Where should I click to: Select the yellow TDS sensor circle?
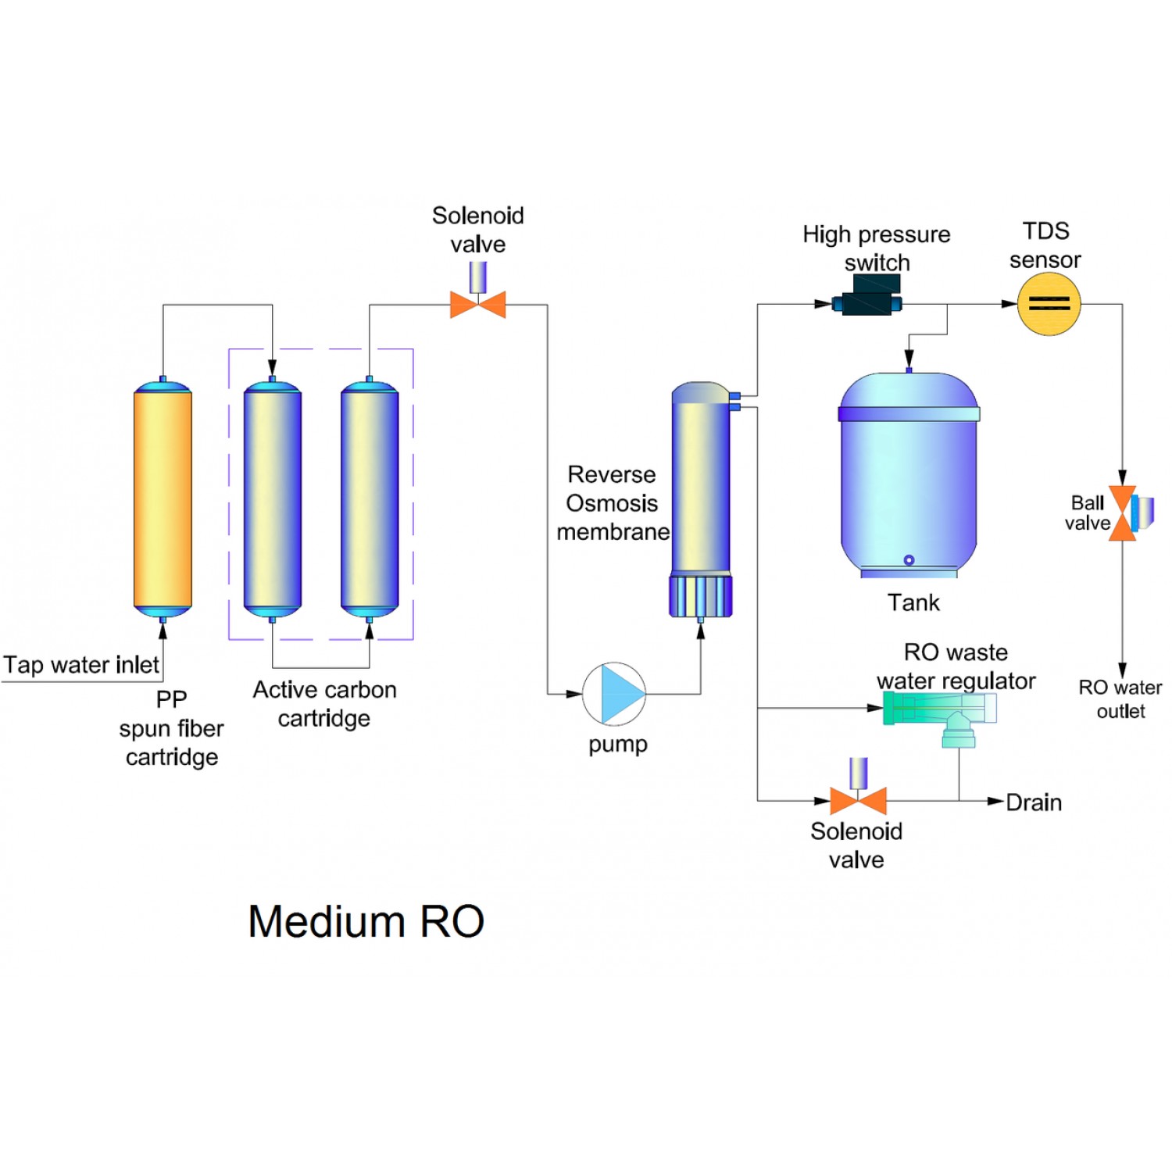coord(1049,304)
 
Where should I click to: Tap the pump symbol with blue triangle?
coord(614,694)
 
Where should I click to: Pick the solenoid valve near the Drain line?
coord(858,799)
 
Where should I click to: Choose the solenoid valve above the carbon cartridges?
coord(477,303)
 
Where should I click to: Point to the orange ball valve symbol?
coord(1123,513)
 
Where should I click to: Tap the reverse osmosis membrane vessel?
coord(701,484)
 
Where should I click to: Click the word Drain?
coord(1034,802)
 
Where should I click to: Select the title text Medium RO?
coord(366,921)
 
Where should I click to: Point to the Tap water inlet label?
coord(81,665)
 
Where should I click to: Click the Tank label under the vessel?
coord(913,602)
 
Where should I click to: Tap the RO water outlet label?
coord(1120,699)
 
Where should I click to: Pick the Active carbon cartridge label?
coord(324,703)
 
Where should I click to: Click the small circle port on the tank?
coord(909,559)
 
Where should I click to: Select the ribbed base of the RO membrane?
coord(701,597)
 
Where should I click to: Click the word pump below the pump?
coord(617,744)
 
